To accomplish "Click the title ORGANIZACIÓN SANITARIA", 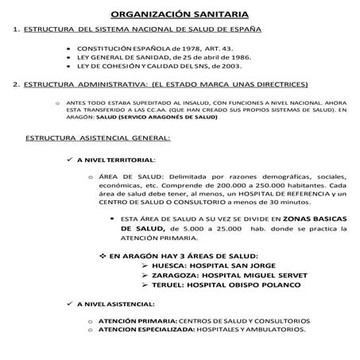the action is (x=179, y=14).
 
